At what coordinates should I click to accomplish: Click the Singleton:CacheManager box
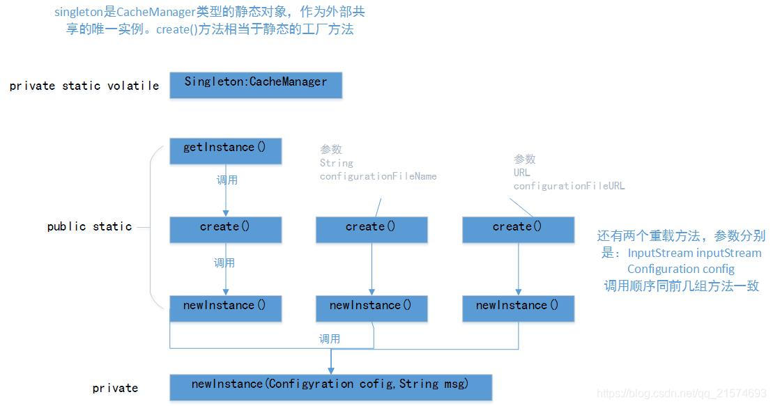point(256,84)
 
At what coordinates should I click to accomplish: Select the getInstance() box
point(225,150)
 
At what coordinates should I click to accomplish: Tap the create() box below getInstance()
point(225,229)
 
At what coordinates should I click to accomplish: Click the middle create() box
point(372,229)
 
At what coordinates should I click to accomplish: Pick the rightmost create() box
point(518,229)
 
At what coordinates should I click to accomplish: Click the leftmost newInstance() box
point(225,308)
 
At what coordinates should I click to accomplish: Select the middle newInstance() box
point(372,308)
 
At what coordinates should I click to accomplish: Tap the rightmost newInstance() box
point(518,308)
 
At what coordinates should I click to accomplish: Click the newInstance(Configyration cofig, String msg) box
point(330,387)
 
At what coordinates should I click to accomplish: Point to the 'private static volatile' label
point(84,86)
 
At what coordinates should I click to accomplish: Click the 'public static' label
point(89,227)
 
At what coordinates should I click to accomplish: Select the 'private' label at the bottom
point(115,389)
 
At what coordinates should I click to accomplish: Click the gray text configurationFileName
point(378,177)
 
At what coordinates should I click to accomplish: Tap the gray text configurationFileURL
point(569,187)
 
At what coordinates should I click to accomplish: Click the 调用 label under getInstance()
point(227,180)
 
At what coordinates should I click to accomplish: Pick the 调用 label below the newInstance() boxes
point(330,339)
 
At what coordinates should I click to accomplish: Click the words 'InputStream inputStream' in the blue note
point(694,253)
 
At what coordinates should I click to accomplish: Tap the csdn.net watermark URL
point(682,395)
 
